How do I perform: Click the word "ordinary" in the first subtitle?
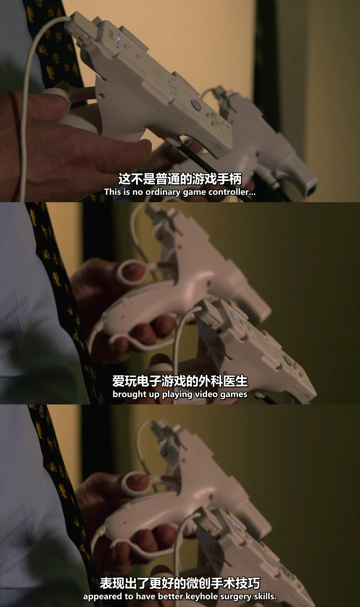coord(161,192)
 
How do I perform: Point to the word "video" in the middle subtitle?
coord(207,394)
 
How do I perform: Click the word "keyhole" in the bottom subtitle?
coord(199,596)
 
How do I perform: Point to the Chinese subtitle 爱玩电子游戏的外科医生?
coord(180,381)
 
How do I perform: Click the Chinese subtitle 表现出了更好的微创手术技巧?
coord(180,583)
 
